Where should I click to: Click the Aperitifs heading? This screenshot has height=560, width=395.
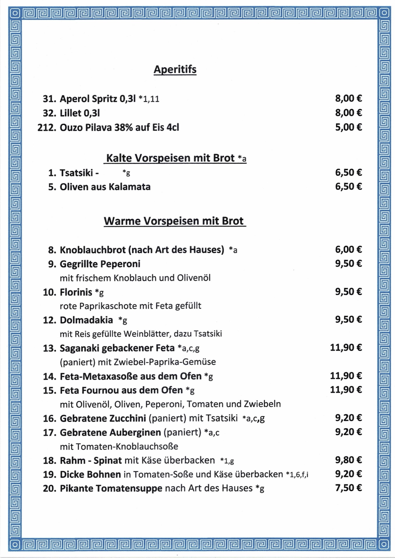click(x=175, y=69)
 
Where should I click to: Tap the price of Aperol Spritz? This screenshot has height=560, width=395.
click(x=348, y=98)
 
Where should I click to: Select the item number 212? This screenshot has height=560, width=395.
click(x=46, y=127)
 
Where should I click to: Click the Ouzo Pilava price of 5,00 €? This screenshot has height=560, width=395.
click(x=348, y=127)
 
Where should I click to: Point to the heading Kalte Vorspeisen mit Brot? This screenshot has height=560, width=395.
click(x=175, y=158)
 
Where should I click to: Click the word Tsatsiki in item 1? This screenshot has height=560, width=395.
click(x=76, y=173)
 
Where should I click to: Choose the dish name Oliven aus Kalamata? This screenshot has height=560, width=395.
click(x=105, y=187)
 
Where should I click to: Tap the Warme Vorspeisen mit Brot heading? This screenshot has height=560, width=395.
click(x=174, y=221)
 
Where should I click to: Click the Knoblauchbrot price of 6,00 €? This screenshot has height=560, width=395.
click(x=348, y=249)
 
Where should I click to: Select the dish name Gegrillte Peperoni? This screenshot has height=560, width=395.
click(x=100, y=264)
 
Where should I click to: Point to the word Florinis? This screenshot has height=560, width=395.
click(x=76, y=292)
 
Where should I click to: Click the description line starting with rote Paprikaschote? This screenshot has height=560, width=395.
click(x=130, y=306)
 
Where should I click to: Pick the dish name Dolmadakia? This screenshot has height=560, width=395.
click(x=86, y=320)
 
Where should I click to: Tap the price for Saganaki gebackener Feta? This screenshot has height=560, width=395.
click(x=346, y=347)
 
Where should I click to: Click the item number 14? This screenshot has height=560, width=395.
click(x=49, y=377)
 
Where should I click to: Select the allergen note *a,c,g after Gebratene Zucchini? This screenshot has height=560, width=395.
click(x=254, y=419)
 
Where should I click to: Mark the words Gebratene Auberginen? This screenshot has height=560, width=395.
click(x=110, y=432)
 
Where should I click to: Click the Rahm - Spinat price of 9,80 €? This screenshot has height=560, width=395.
click(x=348, y=460)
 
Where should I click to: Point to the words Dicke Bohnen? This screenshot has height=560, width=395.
click(x=90, y=475)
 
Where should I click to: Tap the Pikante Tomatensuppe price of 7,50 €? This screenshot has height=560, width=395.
click(x=348, y=488)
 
